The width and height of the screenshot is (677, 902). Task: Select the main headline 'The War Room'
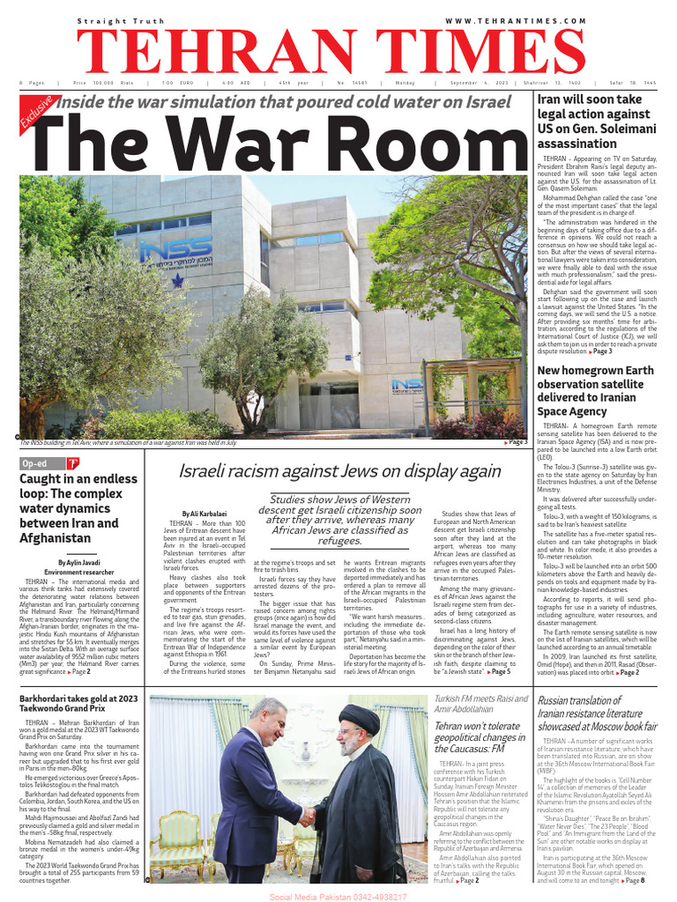pos(264,141)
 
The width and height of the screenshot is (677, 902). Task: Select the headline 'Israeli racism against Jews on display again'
pos(339,470)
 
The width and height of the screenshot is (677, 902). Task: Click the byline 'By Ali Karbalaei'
pos(203,513)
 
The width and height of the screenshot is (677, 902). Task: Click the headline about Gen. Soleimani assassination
pos(594,122)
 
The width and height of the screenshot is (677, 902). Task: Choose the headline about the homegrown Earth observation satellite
pos(595,390)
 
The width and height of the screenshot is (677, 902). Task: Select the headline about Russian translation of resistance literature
pos(598,713)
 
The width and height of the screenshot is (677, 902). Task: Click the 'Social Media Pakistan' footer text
pos(338,895)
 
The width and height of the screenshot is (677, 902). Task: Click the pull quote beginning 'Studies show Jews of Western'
pos(339,520)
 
